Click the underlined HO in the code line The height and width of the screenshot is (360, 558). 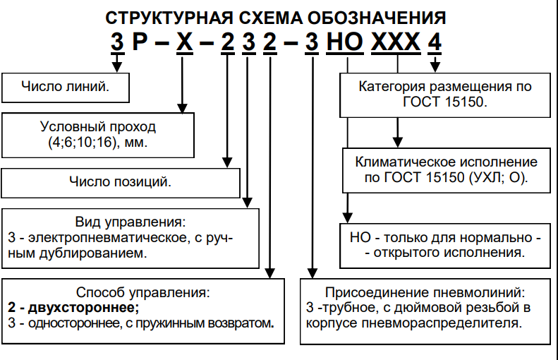[347, 43]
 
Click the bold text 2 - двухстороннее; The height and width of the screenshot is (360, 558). [73, 308]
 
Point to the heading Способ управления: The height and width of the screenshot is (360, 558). [143, 292]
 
